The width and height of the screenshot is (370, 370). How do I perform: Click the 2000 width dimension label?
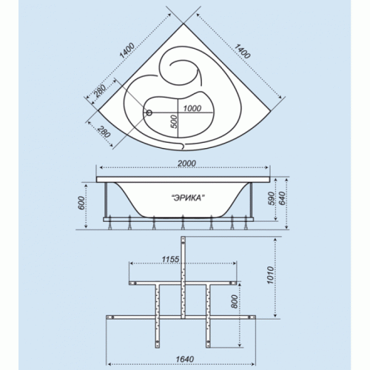[x=186, y=164]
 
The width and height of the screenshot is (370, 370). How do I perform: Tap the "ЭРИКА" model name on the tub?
[x=189, y=198]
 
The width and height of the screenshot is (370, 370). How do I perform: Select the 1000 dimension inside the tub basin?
[x=192, y=108]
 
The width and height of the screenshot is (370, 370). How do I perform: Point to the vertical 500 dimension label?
[x=174, y=121]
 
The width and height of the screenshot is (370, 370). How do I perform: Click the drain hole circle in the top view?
[x=149, y=113]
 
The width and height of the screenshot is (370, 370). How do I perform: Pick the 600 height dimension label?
[x=81, y=203]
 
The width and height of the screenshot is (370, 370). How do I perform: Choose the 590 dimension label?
[x=271, y=198]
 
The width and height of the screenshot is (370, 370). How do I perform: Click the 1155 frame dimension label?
[x=170, y=259]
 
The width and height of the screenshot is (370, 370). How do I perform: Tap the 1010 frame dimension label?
[x=271, y=275]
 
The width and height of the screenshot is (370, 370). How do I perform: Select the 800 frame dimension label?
[x=235, y=301]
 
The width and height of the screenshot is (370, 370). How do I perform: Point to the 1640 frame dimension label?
[x=185, y=359]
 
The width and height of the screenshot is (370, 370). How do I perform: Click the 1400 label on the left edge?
[x=127, y=50]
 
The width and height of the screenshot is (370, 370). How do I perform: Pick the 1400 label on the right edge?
[x=242, y=51]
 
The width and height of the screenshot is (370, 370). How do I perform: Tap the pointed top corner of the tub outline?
[x=184, y=24]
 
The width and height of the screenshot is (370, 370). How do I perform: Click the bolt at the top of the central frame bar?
[x=183, y=243]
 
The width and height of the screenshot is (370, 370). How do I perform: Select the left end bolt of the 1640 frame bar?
[x=112, y=317]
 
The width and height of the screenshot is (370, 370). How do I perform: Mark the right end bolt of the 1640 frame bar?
[x=249, y=317]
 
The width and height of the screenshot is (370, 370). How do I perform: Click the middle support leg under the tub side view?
[x=183, y=223]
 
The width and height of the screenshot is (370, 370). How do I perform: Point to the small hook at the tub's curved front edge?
[x=182, y=147]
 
